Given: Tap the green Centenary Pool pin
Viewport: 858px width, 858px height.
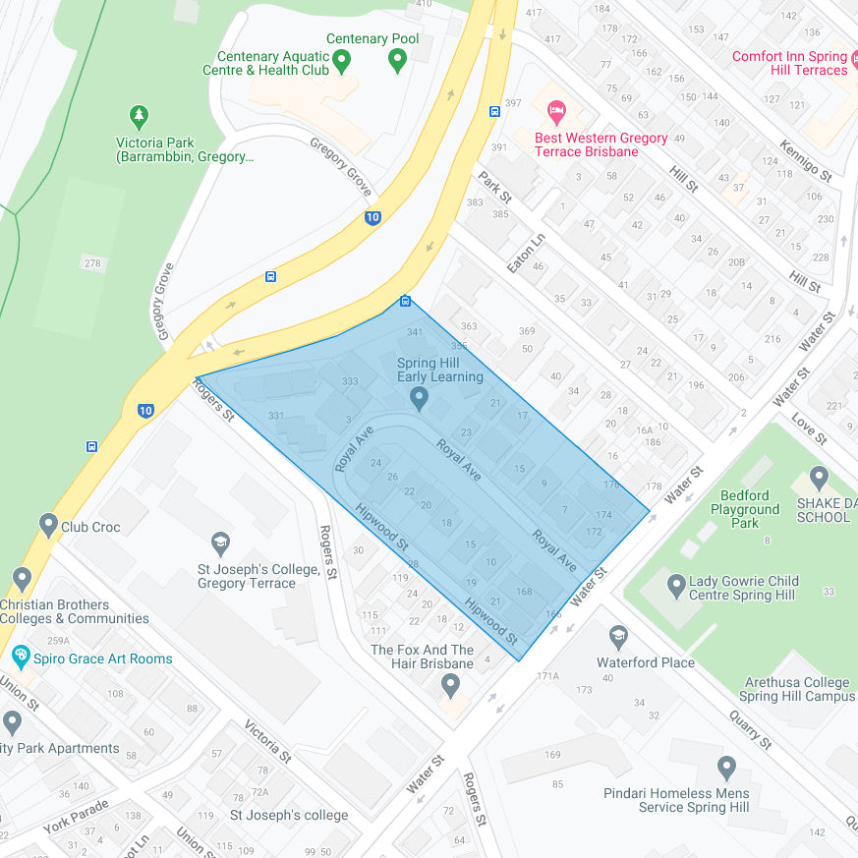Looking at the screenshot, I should pos(398,61).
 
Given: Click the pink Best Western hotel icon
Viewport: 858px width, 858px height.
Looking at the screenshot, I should pos(556,110).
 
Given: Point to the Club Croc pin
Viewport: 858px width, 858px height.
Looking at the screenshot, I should pos(48,525).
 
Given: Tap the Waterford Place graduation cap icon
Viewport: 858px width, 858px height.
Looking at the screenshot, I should pos(618,638).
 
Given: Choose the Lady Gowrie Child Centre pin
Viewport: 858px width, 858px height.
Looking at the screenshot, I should pos(675,587).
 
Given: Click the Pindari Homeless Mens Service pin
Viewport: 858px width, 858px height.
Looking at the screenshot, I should pos(726,768).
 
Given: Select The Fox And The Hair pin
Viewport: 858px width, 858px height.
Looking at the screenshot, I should pos(450,684).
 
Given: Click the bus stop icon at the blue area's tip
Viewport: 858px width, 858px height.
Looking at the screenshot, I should pos(405,301).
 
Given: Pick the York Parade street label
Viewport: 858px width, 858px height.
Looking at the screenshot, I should pos(76,815).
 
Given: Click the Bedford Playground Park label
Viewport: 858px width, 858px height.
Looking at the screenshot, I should pos(745,509).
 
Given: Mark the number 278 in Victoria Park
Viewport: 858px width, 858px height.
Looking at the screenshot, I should pos(92,263).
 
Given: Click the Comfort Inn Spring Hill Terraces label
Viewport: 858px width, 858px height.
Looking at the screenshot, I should pos(789,63).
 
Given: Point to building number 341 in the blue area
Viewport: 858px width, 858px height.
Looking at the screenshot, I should pos(416,333).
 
